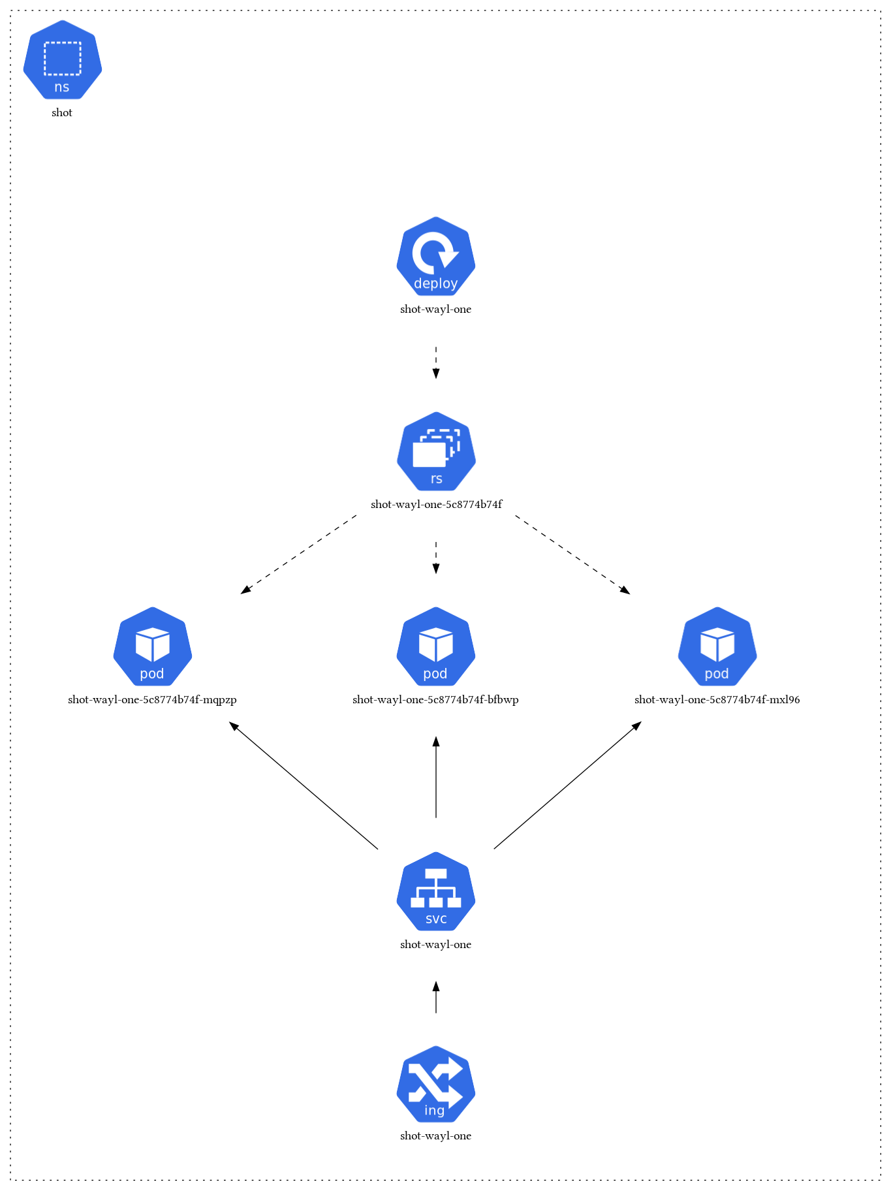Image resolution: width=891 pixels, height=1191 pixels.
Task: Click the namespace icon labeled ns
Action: click(x=63, y=60)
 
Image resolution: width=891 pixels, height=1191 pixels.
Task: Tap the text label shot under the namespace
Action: click(x=62, y=113)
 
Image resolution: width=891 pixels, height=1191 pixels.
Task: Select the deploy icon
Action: click(x=436, y=256)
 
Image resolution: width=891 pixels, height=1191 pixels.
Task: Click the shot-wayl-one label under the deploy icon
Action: click(x=436, y=310)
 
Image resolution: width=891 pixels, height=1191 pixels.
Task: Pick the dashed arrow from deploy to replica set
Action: click(x=436, y=362)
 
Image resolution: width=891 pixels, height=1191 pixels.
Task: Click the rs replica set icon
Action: click(x=436, y=451)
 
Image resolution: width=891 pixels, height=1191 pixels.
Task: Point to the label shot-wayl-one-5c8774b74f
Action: click(x=436, y=505)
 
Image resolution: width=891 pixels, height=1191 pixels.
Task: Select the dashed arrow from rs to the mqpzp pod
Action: click(x=299, y=554)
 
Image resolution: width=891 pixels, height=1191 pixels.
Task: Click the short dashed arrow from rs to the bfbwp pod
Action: click(x=436, y=557)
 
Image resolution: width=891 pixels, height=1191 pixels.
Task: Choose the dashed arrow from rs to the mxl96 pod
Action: click(x=572, y=554)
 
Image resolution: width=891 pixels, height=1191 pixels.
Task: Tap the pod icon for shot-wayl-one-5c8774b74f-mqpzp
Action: click(x=153, y=646)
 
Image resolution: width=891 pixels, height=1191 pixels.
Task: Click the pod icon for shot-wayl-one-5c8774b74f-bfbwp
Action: click(x=436, y=646)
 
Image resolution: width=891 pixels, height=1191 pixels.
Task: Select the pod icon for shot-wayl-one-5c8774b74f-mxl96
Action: click(x=717, y=646)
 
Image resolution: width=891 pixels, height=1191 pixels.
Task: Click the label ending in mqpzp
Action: click(x=152, y=700)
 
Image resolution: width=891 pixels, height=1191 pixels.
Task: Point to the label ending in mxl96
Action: click(x=717, y=700)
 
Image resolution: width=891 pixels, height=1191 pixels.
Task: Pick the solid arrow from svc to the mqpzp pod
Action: click(x=304, y=786)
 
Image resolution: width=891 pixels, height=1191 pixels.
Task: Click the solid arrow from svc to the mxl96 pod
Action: click(x=568, y=786)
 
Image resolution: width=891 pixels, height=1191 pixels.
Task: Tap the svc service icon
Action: click(x=436, y=891)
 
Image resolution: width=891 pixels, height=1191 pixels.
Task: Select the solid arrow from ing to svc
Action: click(x=436, y=997)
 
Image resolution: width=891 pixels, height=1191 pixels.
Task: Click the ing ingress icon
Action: click(x=436, y=1084)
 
